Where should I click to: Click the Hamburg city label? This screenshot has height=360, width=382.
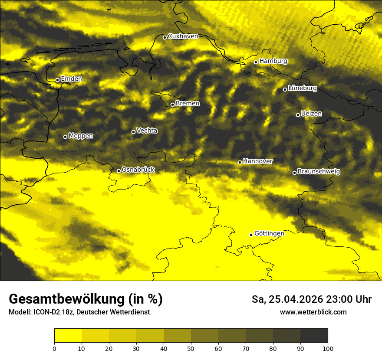pyautogui.click(x=273, y=61)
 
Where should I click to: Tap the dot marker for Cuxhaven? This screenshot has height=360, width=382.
pyautogui.click(x=165, y=37)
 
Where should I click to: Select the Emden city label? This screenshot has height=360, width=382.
pyautogui.click(x=71, y=79)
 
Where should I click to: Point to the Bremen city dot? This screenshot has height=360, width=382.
pyautogui.click(x=172, y=105)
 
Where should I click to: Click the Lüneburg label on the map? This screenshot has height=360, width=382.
pyautogui.click(x=302, y=88)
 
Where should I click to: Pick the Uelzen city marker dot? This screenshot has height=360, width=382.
pyautogui.click(x=298, y=115)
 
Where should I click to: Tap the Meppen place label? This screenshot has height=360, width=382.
pyautogui.click(x=81, y=136)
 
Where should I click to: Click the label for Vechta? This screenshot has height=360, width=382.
pyautogui.click(x=147, y=131)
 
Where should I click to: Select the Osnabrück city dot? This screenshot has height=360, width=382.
pyautogui.click(x=119, y=171)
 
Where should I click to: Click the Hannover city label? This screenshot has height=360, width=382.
pyautogui.click(x=257, y=161)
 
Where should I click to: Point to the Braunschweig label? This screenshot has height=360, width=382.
pyautogui.click(x=319, y=172)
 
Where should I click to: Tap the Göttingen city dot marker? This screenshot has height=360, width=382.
pyautogui.click(x=251, y=235)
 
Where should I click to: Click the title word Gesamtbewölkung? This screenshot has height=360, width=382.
pyautogui.click(x=67, y=299)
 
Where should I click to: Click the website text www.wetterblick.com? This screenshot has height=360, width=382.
pyautogui.click(x=313, y=312)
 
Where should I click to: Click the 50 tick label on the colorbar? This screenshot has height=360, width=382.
pyautogui.click(x=191, y=348)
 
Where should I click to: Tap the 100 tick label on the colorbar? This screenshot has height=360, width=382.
pyautogui.click(x=328, y=348)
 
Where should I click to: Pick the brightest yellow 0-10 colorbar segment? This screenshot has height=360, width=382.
pyautogui.click(x=68, y=336)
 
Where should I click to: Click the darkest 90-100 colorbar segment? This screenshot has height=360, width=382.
pyautogui.click(x=314, y=336)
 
